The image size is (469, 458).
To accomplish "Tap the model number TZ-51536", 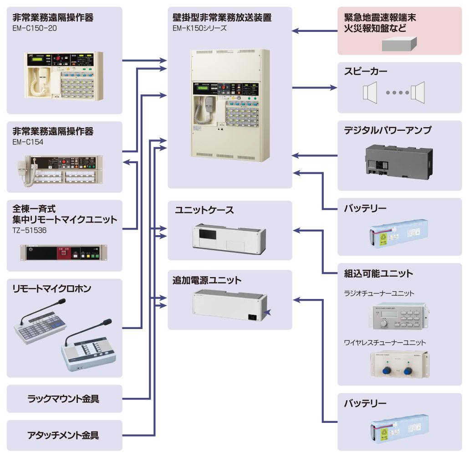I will (30, 230).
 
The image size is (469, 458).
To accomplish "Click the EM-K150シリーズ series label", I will (199, 28).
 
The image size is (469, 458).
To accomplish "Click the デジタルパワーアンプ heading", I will (387, 130).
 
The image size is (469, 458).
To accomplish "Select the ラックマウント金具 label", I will (63, 399).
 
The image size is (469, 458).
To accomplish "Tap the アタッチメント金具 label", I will (63, 435).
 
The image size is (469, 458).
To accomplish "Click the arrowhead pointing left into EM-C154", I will (127, 161).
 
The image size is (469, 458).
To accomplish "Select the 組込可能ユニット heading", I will (378, 274).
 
